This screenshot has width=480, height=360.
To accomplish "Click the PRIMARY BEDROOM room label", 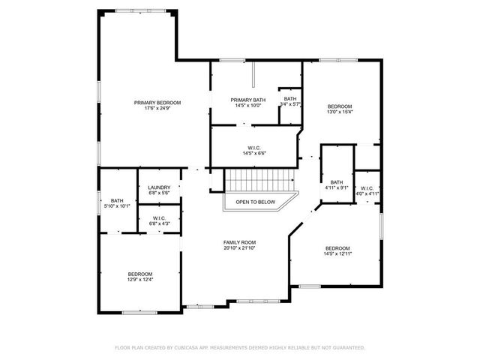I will (x=157, y=103).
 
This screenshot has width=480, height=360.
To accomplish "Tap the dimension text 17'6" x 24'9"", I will (x=157, y=109).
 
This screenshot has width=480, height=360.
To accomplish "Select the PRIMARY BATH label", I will (x=247, y=100).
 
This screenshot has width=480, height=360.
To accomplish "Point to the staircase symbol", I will (x=259, y=181).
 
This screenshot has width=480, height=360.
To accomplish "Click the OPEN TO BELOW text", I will (x=256, y=202).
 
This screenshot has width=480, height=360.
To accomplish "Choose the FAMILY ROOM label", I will (x=239, y=242).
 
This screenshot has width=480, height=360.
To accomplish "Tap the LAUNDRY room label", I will (x=159, y=187).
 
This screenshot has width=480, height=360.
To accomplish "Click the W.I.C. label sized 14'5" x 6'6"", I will (x=254, y=148).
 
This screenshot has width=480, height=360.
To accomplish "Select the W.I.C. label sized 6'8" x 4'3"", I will (x=159, y=218).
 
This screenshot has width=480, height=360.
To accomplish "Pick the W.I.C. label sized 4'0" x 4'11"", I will (x=367, y=188).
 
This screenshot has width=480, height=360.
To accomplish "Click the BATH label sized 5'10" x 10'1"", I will (x=117, y=200).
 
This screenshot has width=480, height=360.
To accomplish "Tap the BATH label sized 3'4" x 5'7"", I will (x=290, y=99).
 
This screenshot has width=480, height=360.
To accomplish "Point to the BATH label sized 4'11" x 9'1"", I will (x=337, y=182).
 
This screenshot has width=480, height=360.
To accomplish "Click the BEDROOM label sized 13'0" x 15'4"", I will (x=339, y=106).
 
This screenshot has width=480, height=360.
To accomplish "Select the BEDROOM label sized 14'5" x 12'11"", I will (x=337, y=248).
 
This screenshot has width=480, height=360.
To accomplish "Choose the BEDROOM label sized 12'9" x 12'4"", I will (x=140, y=274).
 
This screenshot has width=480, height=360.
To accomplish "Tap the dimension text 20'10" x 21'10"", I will (x=239, y=248).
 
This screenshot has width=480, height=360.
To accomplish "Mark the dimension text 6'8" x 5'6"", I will (x=159, y=193).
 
